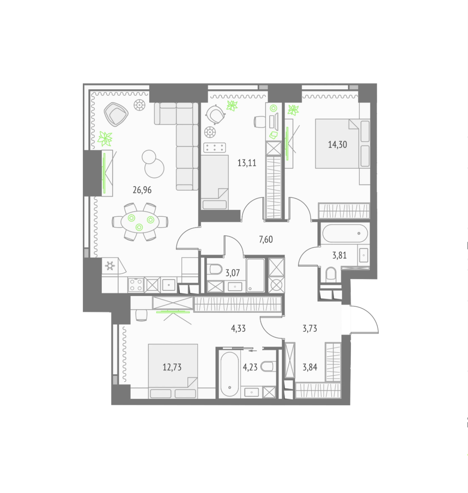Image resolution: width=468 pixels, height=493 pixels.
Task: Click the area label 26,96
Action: (x=142, y=190)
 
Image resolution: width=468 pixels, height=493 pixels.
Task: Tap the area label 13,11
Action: (x=247, y=163)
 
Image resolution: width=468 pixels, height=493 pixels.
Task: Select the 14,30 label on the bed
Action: (x=338, y=145)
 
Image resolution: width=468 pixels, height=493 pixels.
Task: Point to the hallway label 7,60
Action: (x=266, y=240)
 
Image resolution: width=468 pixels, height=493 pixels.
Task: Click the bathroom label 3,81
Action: (x=339, y=255)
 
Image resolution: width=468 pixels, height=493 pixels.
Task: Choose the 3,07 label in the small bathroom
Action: (x=232, y=273)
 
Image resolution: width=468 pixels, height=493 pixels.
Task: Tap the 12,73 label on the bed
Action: (x=172, y=368)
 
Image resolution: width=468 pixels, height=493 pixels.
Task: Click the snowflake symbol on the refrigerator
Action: (x=110, y=266)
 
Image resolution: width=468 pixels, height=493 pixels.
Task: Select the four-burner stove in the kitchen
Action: (x=135, y=285)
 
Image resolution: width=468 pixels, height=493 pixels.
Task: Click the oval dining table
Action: (x=140, y=222)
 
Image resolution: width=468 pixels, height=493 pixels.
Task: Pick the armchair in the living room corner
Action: (x=116, y=114)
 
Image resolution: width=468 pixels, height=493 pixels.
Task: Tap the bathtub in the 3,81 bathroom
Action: (x=345, y=233)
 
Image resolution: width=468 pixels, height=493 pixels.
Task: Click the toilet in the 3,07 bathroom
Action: (x=216, y=269)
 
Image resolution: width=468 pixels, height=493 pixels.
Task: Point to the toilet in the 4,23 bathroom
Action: (x=268, y=366)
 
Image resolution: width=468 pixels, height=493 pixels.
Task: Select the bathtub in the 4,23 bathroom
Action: (x=230, y=374)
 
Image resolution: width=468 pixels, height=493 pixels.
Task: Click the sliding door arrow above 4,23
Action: (x=253, y=351)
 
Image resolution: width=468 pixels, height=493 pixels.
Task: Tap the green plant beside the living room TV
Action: (x=105, y=139)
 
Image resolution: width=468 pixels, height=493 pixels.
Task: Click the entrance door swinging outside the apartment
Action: (x=364, y=320)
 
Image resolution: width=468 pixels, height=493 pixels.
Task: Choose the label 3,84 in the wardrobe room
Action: (x=310, y=368)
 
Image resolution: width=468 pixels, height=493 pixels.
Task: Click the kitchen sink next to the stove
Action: (x=168, y=285)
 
